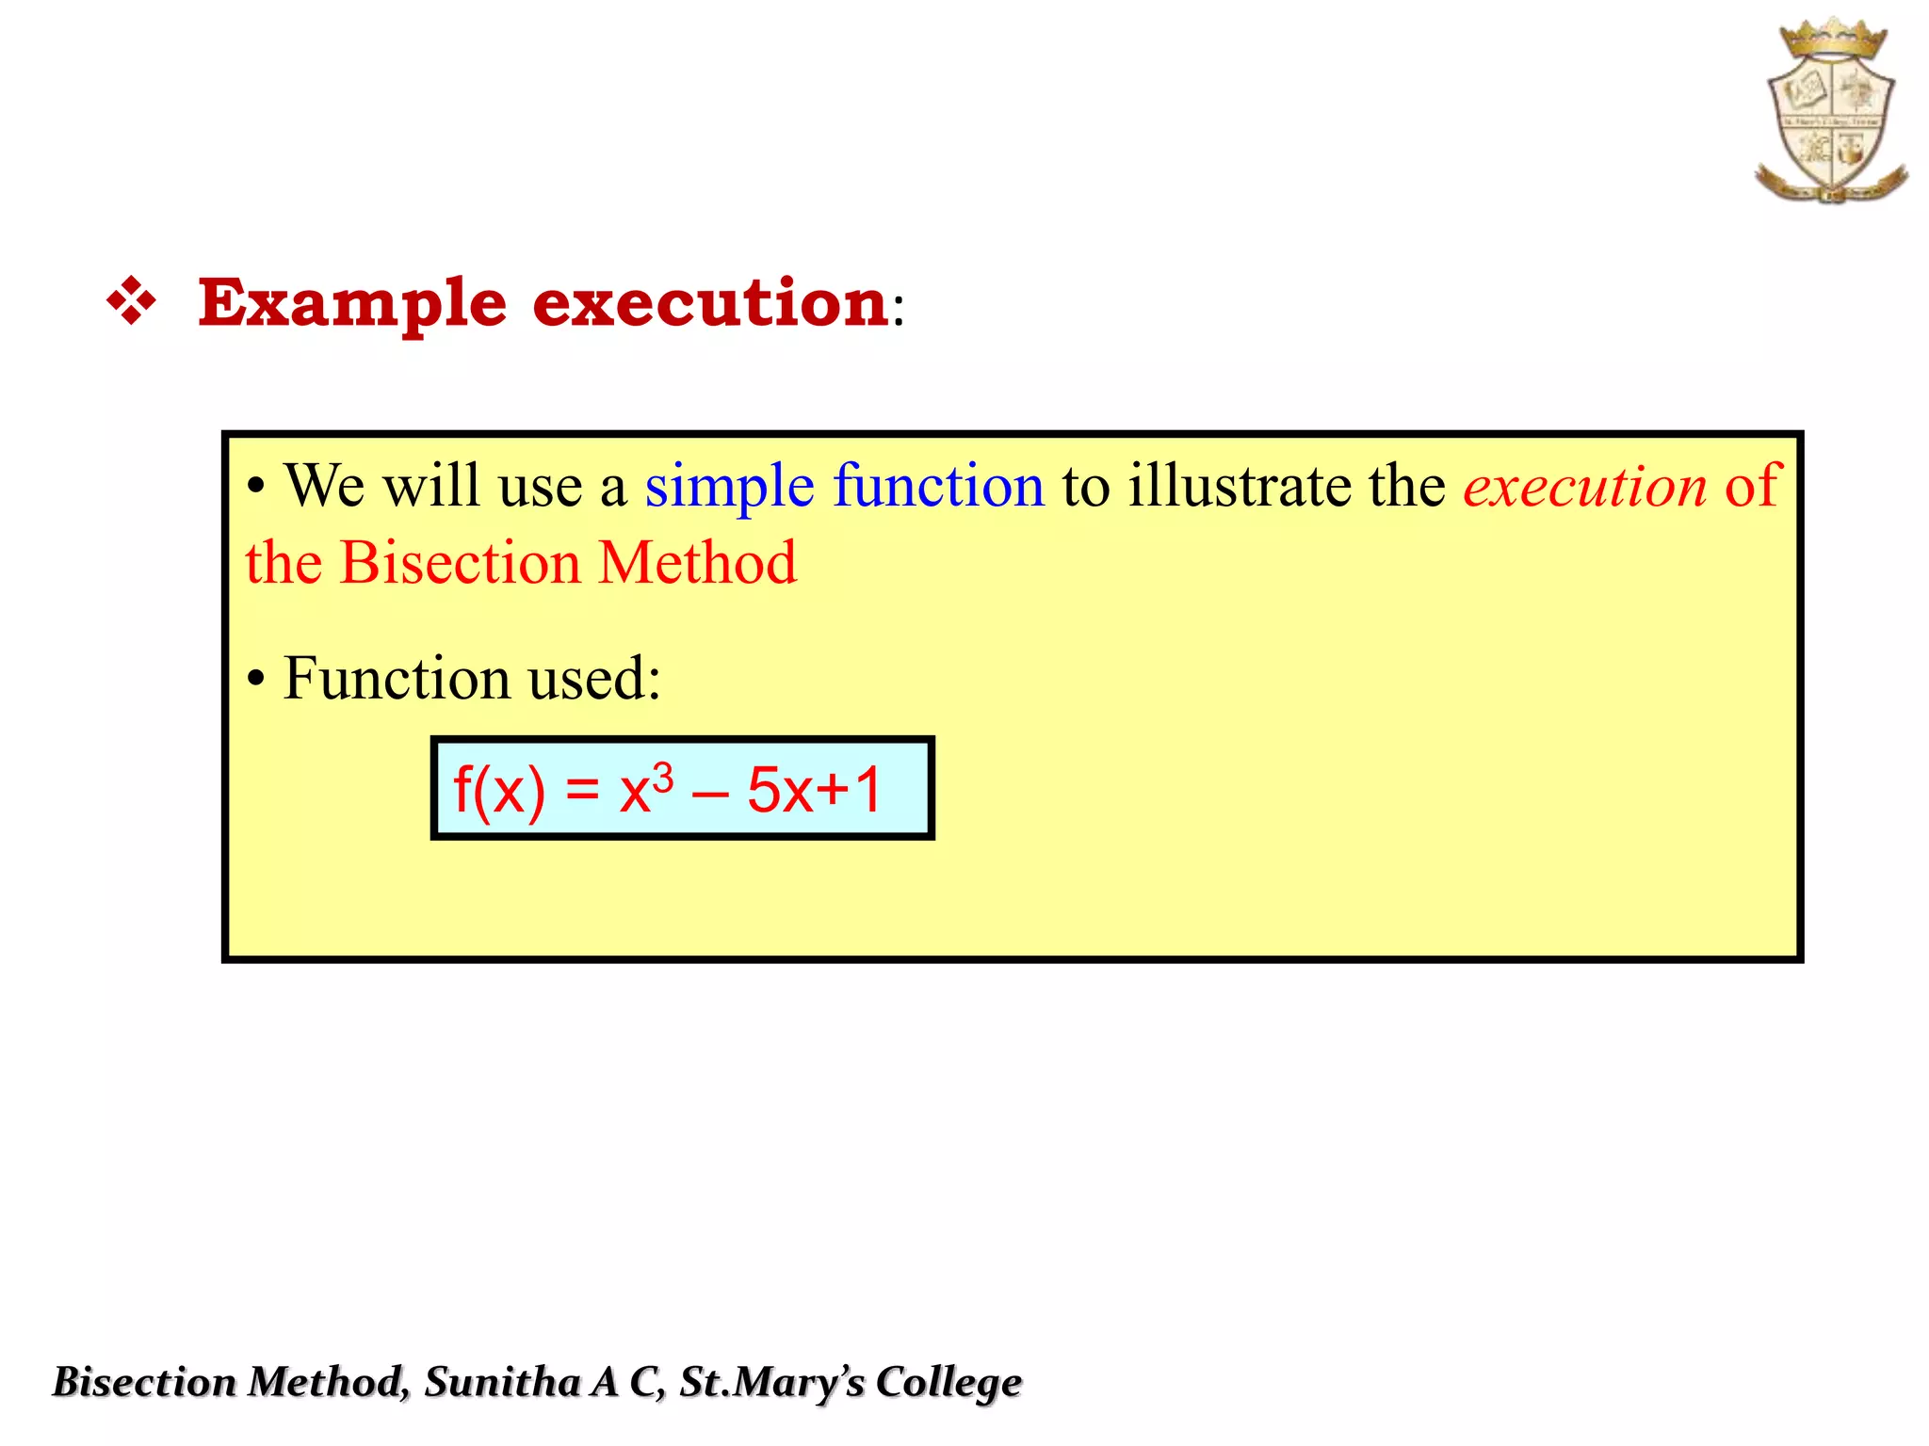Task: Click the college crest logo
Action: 1831,111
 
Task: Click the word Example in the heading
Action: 352,303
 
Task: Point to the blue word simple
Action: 729,488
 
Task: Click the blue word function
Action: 938,486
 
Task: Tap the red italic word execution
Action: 1584,488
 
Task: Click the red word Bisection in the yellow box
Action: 460,563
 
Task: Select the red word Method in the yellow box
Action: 697,563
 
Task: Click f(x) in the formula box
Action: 499,791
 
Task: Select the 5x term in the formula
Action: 780,791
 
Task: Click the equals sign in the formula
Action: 582,791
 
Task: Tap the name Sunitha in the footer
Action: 502,1382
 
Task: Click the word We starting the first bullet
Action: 324,486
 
